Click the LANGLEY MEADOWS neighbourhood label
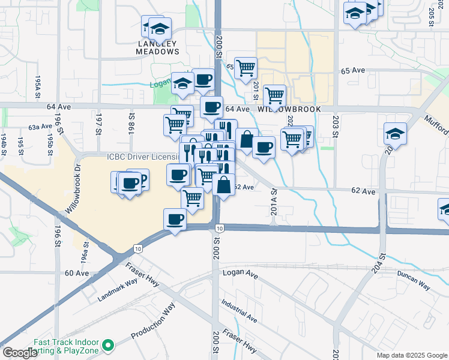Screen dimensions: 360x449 click(158, 47)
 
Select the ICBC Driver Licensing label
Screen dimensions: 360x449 click(142, 157)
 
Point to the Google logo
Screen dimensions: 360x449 click(20, 353)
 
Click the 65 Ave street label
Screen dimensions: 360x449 click(352, 71)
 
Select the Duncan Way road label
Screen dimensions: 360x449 click(413, 280)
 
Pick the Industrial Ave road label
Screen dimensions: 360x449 click(238, 311)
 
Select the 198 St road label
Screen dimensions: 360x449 click(130, 122)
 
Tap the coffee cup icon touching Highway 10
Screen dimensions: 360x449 click(175, 220)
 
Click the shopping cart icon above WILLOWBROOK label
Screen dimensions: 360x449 click(274, 95)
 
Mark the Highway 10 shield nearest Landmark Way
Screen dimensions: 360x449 click(139, 248)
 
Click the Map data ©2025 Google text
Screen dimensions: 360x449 click(412, 355)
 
